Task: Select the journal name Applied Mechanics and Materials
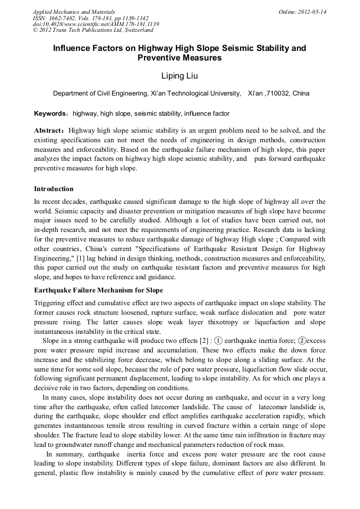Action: point(74,12)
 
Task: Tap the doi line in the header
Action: point(96,24)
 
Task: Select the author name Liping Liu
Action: point(179,76)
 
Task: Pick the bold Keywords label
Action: point(50,114)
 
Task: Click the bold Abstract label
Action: point(49,131)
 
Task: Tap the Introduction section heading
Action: point(54,189)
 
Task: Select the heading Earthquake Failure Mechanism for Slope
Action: point(98,290)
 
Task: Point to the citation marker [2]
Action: point(204,341)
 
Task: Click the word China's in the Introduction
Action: point(113,248)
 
